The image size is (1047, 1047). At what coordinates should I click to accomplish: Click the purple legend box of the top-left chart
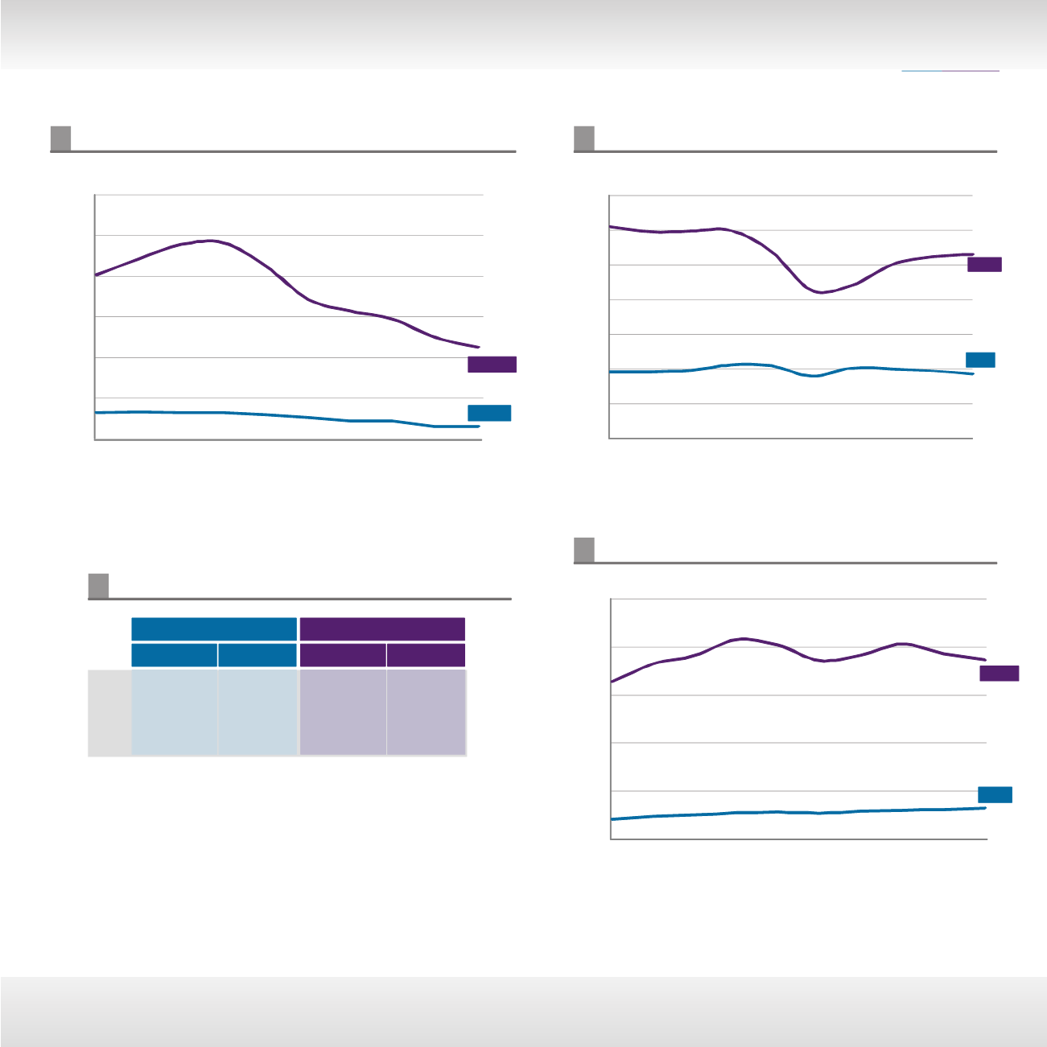coord(492,365)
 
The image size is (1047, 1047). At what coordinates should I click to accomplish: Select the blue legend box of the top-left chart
coord(489,413)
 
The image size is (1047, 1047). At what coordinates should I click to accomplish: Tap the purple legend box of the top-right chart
coord(984,265)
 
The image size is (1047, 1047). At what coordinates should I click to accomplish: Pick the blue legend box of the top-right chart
coord(980,360)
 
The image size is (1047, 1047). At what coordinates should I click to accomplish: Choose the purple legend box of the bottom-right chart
coord(999,674)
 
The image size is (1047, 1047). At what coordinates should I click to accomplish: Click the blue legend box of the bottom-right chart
coord(995,794)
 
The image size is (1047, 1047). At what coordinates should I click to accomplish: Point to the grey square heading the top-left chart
coord(60,138)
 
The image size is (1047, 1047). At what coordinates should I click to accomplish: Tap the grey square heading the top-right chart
coord(584,138)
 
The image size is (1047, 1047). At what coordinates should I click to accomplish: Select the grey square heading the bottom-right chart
coord(584,550)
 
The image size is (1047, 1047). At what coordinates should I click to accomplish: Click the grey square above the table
coord(98,586)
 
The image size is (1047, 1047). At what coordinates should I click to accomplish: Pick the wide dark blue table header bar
coord(214,629)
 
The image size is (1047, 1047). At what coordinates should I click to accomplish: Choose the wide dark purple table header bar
coord(382,629)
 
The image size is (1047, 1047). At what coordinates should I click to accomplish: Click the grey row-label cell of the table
coord(109,713)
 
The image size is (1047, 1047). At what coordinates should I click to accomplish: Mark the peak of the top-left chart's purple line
coord(210,241)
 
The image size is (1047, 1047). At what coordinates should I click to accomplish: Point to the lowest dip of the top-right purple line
coord(821,293)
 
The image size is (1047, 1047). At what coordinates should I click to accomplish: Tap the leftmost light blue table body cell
coord(174,713)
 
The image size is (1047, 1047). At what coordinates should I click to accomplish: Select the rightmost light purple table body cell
coord(426,713)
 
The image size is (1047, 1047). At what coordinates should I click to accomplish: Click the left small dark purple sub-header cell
coord(342,655)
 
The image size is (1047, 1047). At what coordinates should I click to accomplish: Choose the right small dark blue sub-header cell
coord(258,655)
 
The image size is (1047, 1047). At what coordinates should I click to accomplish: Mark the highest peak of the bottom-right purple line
coord(744,638)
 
